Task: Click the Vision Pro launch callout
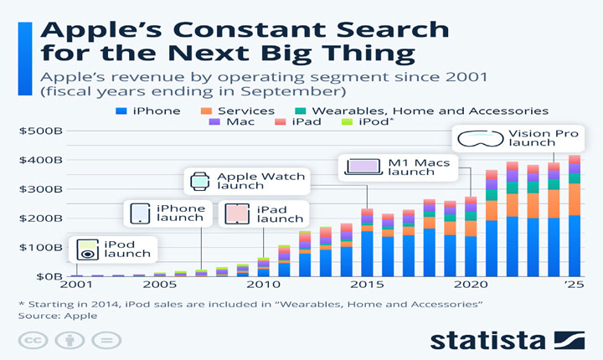(518, 139)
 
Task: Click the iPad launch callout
(262, 213)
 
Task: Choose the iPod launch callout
(112, 249)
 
